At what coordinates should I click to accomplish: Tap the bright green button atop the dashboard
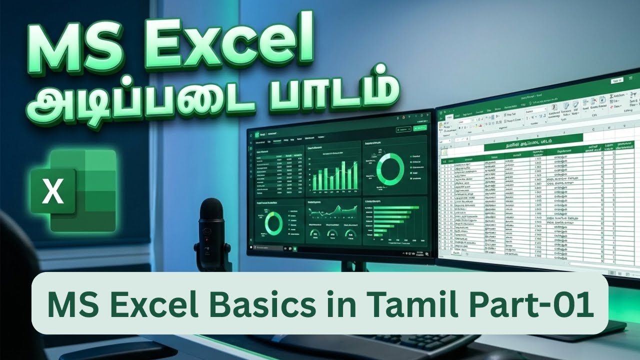pos(419,128)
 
